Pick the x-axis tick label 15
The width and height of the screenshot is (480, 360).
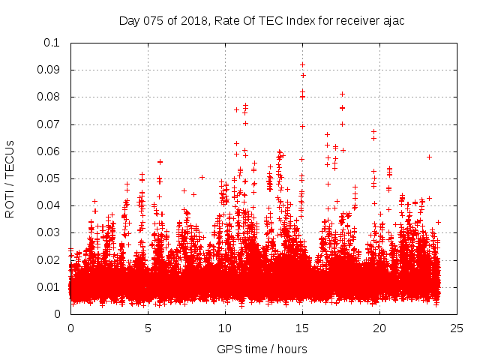302,328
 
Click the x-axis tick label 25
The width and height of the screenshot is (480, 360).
457,328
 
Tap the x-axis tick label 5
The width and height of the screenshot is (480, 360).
148,328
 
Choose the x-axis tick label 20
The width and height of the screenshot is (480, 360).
379,328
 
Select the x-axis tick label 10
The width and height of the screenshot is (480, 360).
225,328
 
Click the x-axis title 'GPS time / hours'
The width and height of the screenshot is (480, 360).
262,349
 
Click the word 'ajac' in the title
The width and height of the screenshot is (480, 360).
392,20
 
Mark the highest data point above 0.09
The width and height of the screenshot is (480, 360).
302,64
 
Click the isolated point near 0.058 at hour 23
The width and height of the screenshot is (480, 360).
429,157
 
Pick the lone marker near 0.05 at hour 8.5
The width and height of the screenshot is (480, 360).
202,177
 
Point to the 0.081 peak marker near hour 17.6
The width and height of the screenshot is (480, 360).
342,94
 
